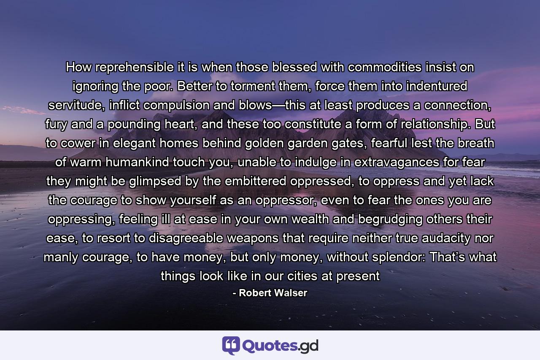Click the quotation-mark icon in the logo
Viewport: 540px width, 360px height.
pyautogui.click(x=231, y=345)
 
